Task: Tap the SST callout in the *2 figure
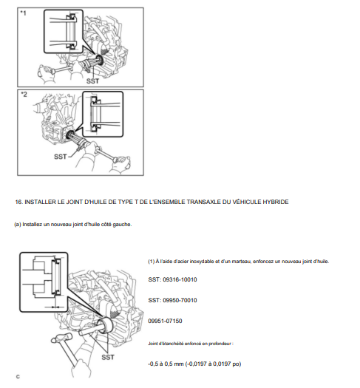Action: (x=61, y=156)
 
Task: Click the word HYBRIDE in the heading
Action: (x=272, y=202)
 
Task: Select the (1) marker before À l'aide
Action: (x=152, y=262)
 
